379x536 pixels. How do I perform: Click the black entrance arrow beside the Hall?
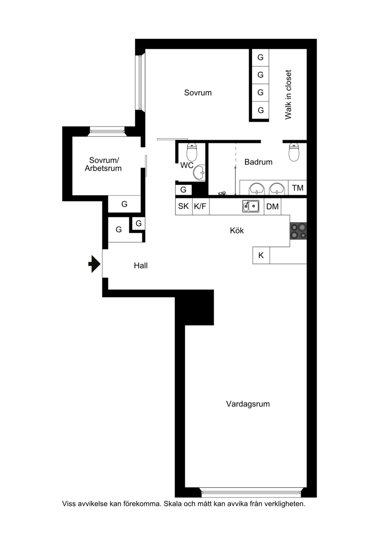(x=94, y=264)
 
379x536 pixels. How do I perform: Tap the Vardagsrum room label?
(x=248, y=404)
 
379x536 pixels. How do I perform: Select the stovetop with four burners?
(x=298, y=231)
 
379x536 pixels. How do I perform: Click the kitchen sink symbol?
(x=251, y=206)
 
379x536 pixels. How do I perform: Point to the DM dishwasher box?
(x=272, y=207)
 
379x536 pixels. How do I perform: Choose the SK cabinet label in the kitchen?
(x=183, y=206)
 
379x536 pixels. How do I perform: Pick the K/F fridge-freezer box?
(x=201, y=207)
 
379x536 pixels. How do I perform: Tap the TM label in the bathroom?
(x=298, y=188)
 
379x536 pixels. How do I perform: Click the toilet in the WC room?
(x=192, y=152)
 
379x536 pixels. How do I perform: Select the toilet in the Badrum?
(x=294, y=152)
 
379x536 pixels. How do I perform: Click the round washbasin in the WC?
(x=199, y=172)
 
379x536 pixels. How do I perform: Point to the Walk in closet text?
(x=288, y=95)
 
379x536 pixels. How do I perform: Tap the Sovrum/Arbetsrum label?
(x=103, y=164)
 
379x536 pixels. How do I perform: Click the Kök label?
(x=237, y=230)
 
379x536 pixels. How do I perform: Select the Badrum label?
(x=258, y=162)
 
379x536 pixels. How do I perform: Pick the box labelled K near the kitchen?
(x=261, y=255)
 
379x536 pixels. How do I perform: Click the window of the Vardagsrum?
(x=251, y=492)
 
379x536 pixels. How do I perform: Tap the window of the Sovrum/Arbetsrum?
(x=107, y=131)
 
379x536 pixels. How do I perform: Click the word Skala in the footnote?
(x=173, y=503)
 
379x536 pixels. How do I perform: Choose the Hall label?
(x=141, y=265)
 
